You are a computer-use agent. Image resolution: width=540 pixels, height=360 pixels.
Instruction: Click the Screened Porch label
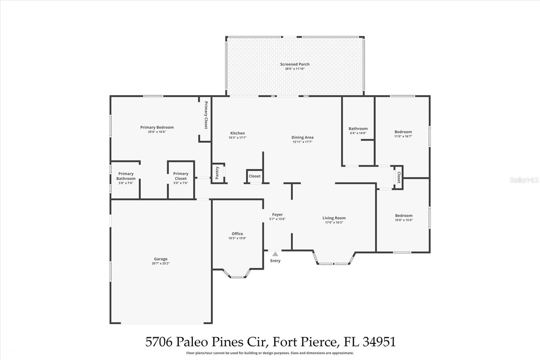(295, 64)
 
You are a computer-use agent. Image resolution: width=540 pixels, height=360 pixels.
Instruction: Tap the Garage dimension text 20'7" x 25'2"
(161, 263)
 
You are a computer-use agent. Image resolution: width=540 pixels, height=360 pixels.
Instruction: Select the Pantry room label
(217, 173)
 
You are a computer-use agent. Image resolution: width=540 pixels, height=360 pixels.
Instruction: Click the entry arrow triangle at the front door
(275, 254)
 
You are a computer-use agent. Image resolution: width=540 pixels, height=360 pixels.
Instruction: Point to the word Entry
(275, 261)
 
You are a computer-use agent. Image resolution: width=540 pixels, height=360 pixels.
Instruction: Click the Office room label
(237, 234)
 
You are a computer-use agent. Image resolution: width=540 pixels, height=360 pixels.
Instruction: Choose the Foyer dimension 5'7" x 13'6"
(277, 219)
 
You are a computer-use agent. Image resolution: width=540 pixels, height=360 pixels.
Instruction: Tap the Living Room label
(334, 218)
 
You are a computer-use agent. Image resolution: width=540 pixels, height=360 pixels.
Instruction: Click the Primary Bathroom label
(126, 176)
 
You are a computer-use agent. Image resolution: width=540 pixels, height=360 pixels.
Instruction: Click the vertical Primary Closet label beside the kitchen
(206, 115)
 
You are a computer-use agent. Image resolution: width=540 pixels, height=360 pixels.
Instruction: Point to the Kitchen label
(238, 133)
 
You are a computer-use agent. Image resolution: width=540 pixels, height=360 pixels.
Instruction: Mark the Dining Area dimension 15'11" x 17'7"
(302, 142)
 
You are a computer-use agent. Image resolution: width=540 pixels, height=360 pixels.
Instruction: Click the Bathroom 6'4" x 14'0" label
(358, 129)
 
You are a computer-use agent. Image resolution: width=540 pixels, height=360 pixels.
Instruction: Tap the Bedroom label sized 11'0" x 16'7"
(403, 132)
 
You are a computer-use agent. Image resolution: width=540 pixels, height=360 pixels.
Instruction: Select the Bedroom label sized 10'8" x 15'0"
(404, 215)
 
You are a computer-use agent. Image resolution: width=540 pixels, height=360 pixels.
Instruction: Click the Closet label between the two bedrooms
(399, 177)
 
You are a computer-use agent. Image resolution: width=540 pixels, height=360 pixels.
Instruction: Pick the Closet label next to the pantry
(254, 176)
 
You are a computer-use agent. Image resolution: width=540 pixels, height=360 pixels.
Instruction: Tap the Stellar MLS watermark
(524, 180)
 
